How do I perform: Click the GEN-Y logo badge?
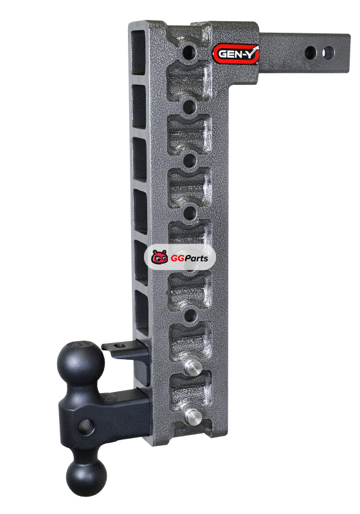[x=235, y=54]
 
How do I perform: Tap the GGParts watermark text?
[x=189, y=258]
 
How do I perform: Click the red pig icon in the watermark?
[x=159, y=258]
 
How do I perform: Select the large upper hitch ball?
[x=81, y=363]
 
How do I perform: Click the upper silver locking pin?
[x=193, y=367]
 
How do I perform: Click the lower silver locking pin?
[x=194, y=417]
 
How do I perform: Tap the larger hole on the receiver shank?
[x=310, y=53]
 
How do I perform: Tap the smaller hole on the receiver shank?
[x=328, y=53]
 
